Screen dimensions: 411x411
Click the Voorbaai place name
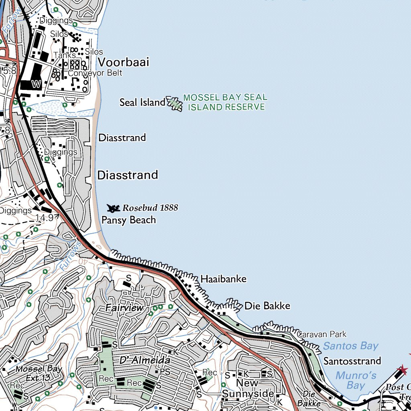click(123, 62)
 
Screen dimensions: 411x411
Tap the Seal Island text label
click(142, 102)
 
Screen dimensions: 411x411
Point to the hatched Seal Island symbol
click(174, 104)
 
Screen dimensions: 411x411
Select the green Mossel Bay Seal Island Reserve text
click(225, 102)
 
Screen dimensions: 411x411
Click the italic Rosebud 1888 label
click(150, 208)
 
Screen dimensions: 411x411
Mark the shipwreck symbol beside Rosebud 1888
click(114, 208)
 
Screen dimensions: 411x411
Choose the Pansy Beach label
click(128, 220)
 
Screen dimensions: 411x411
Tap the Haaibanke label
click(223, 279)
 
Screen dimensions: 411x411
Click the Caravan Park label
click(321, 334)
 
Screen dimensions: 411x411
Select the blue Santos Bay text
click(350, 346)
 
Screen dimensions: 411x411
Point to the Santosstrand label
click(352, 361)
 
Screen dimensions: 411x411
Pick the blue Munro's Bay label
click(356, 380)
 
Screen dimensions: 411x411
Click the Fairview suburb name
click(124, 308)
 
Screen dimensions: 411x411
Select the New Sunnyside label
click(248, 389)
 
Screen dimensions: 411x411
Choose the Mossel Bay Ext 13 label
click(39, 373)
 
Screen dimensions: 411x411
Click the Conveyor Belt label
click(95, 73)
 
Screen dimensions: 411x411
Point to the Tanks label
click(64, 55)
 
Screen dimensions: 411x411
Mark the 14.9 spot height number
click(44, 218)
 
